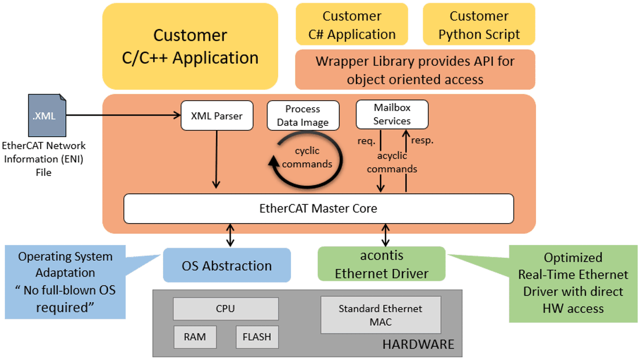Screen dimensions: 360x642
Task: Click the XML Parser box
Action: (217, 116)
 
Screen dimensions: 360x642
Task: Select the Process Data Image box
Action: (303, 116)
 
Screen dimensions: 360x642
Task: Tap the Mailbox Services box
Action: (392, 114)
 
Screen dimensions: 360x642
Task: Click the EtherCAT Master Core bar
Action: (318, 209)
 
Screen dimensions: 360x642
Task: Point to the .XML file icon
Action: (47, 115)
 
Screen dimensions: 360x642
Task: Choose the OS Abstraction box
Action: (227, 265)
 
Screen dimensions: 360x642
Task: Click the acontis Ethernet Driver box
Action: (381, 264)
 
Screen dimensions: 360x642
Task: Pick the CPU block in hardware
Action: (226, 309)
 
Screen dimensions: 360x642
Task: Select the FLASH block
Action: (257, 337)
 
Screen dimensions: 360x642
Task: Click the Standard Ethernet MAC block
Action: (380, 315)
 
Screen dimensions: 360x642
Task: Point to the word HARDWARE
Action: (418, 344)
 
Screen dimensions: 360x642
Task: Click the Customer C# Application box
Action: (351, 25)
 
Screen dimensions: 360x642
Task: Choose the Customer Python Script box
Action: (479, 25)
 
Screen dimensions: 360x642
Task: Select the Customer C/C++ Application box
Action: (190, 46)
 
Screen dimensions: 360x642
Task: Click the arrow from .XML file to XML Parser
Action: (123, 114)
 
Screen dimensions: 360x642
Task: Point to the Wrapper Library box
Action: (415, 70)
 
